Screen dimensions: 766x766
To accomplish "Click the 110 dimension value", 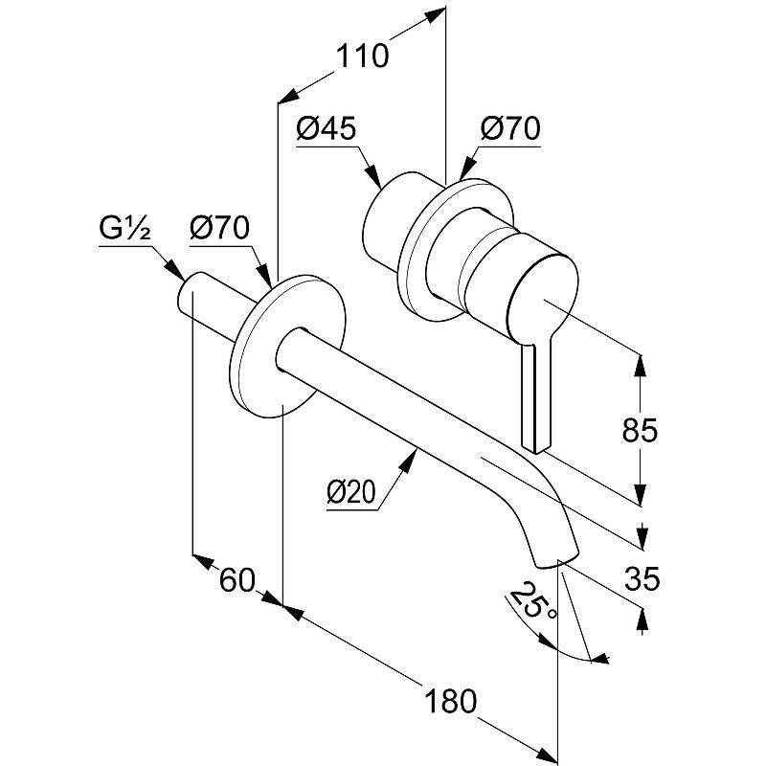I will point(362,56).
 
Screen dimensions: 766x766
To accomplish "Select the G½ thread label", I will point(122,231).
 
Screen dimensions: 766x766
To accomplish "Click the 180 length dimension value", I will point(450,701).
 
